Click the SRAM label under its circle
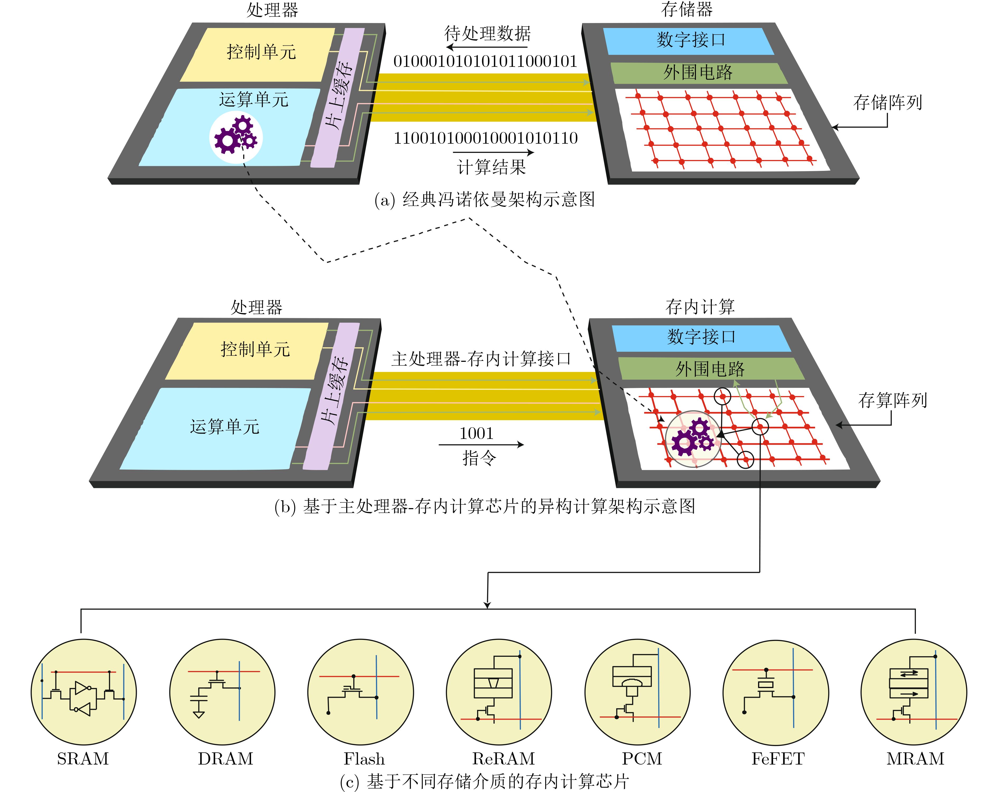[83, 759]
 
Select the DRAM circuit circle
[222, 692]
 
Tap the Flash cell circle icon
[361, 692]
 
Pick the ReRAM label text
[503, 759]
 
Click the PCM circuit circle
[637, 692]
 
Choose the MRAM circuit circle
[914, 692]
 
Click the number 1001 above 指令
[476, 433]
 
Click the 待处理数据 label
[487, 33]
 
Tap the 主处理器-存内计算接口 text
[481, 359]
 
